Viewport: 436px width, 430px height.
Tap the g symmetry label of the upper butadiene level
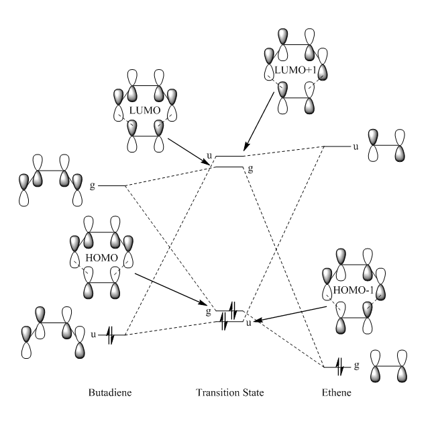coord(93,183)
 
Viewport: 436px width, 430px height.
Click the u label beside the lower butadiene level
coord(93,333)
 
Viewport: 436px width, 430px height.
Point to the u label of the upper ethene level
coord(355,146)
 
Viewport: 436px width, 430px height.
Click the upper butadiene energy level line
coord(113,185)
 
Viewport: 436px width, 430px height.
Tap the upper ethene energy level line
coord(336,146)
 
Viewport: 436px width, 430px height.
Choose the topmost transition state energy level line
coord(229,156)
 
